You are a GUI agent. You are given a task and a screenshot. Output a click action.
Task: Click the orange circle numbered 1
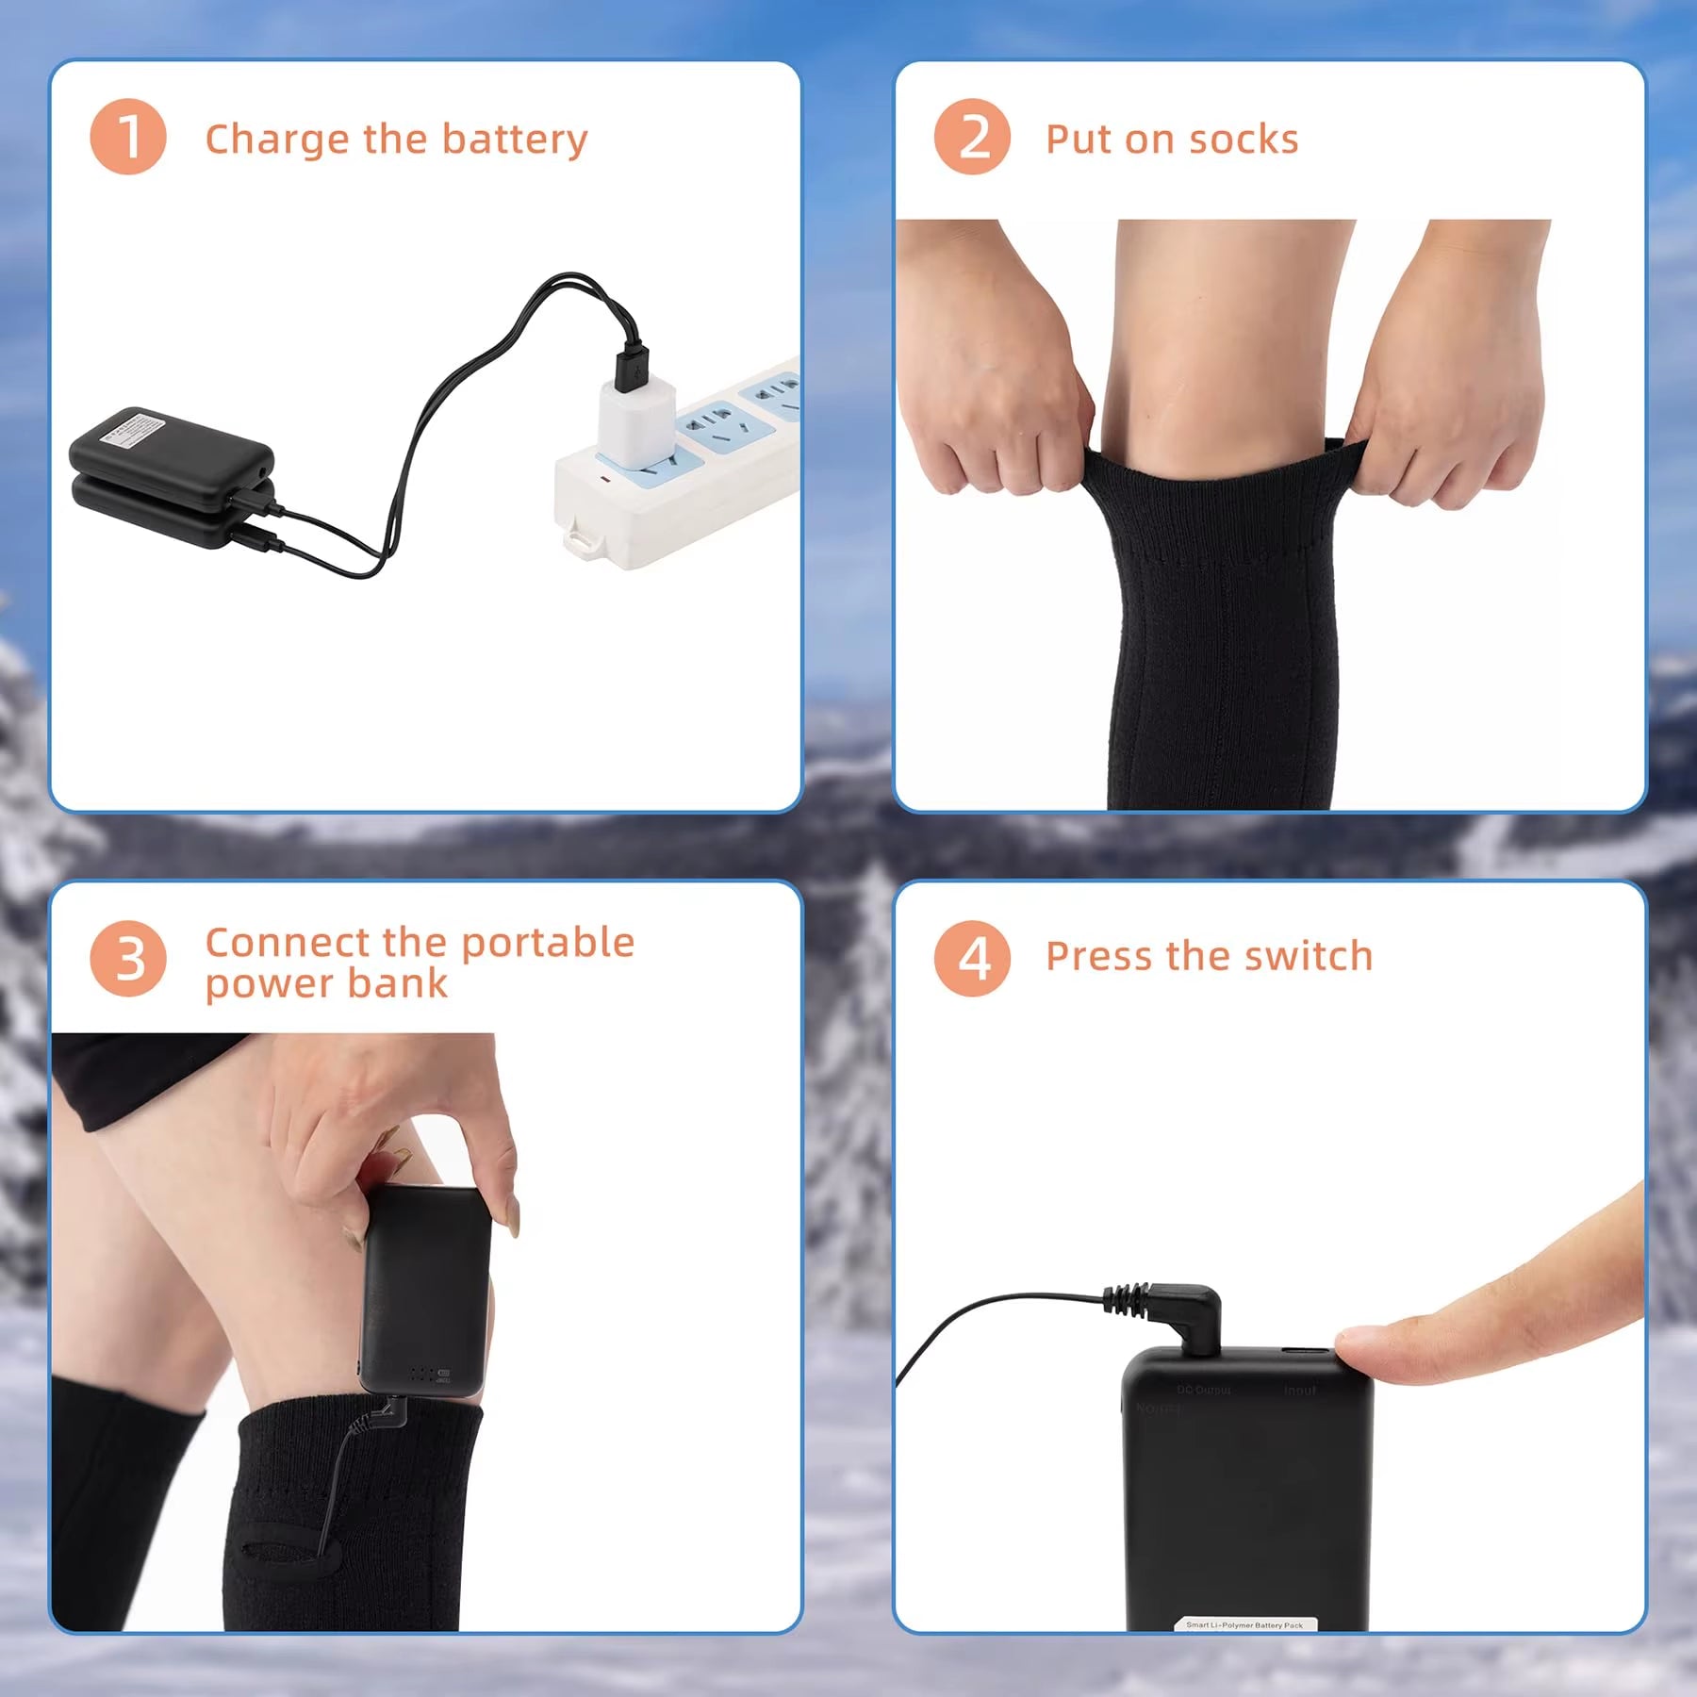tap(128, 137)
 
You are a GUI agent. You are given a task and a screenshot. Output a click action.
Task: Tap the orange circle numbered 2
tap(972, 137)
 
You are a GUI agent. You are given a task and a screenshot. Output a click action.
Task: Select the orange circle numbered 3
tap(128, 959)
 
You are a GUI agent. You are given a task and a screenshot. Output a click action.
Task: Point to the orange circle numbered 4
tap(972, 959)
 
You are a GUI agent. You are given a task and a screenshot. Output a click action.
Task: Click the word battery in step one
tap(515, 140)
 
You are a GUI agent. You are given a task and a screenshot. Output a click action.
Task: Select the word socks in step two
tap(1244, 140)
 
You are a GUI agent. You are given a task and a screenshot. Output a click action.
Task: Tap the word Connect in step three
tap(288, 942)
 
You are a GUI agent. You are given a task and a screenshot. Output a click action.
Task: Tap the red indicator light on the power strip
tap(604, 480)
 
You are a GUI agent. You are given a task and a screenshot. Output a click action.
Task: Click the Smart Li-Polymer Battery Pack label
tap(1244, 1624)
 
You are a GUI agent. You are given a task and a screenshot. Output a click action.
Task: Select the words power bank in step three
tap(326, 983)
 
